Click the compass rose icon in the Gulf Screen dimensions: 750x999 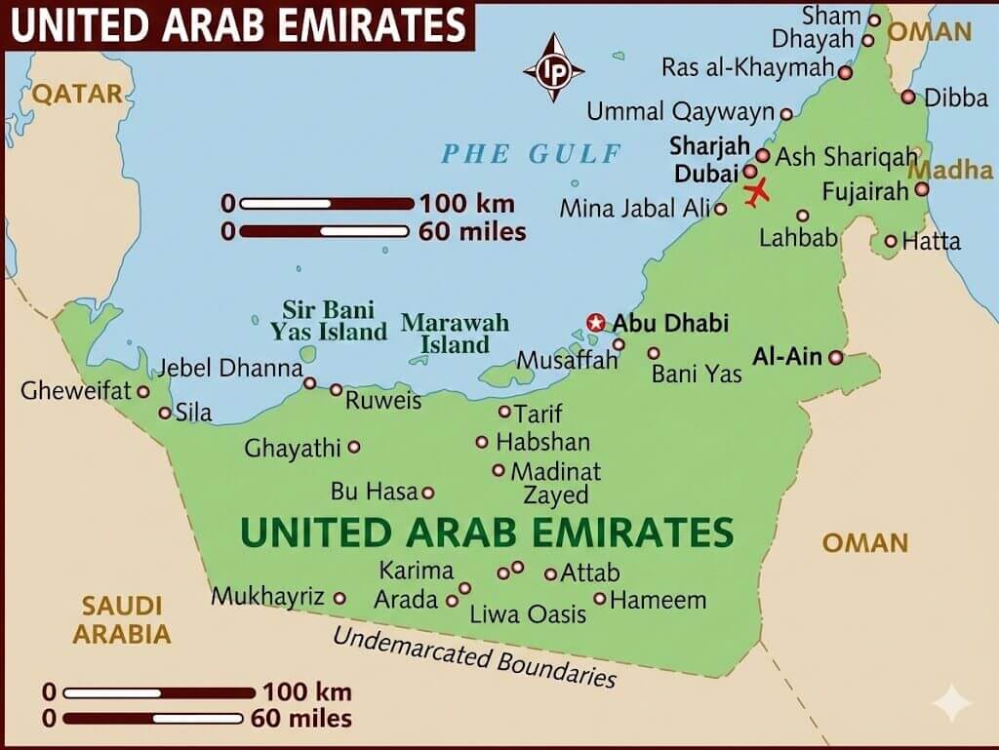553,68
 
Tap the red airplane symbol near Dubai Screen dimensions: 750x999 756,191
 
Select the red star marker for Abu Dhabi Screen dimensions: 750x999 595,322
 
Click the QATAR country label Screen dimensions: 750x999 78,94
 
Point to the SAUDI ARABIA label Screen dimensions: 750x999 122,619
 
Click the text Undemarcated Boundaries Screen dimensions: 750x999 475,657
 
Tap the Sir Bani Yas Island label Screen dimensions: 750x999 329,321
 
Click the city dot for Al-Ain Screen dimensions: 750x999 835,358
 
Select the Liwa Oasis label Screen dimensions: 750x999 528,613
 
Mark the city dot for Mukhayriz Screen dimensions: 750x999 340,598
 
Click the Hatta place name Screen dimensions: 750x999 931,241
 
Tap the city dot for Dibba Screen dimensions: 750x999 908,97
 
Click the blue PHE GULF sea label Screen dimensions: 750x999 532,153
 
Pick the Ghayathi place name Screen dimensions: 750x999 293,448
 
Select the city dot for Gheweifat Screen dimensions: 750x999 142,391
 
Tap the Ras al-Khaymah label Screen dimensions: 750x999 748,67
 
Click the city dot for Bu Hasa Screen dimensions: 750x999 427,493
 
